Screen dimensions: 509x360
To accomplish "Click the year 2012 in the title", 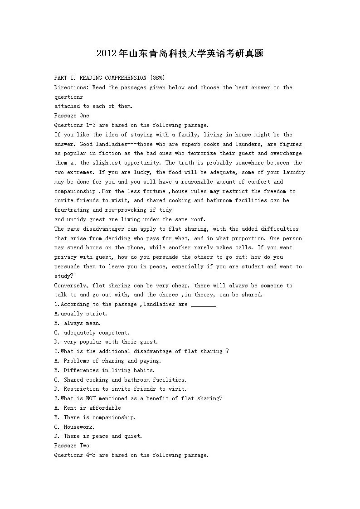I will [x=107, y=53].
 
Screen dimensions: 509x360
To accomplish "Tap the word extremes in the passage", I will [x=78, y=172].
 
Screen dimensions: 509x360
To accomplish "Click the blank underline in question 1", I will [x=203, y=305].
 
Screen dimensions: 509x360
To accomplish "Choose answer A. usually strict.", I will [x=81, y=314].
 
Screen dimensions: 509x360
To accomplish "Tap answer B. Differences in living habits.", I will [x=104, y=370].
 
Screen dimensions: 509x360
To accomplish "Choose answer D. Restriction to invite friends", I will [x=120, y=389].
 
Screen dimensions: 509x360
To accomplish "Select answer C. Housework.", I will [x=74, y=427].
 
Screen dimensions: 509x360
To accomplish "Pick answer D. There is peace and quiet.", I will [x=98, y=436].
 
